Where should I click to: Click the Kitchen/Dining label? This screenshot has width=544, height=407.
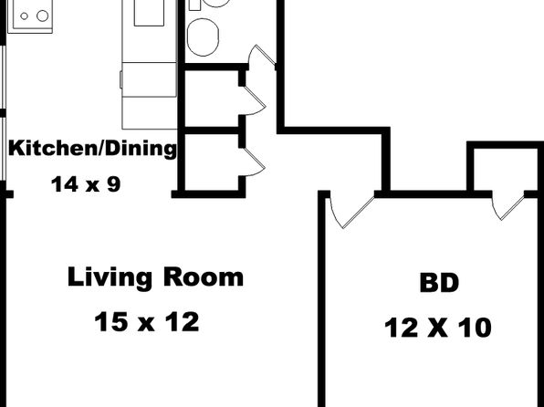[x=92, y=149]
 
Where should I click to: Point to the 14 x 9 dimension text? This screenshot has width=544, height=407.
[x=86, y=184]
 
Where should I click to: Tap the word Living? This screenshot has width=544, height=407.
[x=110, y=278]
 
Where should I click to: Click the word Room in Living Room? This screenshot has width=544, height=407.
[x=204, y=277]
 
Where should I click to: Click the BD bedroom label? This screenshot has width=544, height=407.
[x=439, y=283]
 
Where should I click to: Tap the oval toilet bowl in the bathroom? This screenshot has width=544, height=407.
[x=203, y=37]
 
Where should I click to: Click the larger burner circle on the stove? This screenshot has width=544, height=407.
[x=43, y=16]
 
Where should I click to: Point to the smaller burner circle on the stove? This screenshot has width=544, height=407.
[x=24, y=16]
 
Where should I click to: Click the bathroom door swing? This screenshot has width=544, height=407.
[x=261, y=56]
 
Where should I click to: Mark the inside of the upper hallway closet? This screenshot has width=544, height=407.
[x=212, y=99]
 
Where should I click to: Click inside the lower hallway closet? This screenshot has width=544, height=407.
[x=212, y=162]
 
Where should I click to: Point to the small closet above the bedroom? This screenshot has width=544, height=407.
[x=506, y=170]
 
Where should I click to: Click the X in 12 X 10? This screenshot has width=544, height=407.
[x=437, y=328]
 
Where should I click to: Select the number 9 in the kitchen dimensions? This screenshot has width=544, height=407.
[x=114, y=184]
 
